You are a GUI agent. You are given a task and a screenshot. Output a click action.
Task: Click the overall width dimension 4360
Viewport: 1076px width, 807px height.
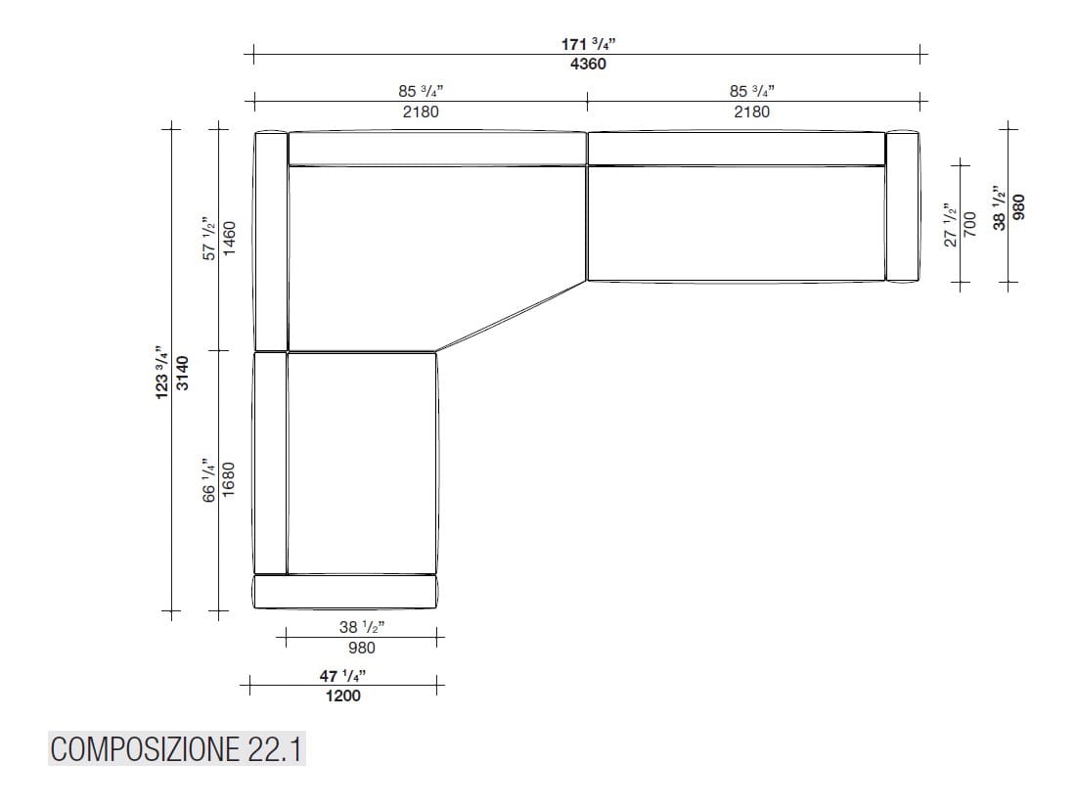pos(588,65)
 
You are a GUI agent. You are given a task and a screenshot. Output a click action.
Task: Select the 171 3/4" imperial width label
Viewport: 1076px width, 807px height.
pos(588,44)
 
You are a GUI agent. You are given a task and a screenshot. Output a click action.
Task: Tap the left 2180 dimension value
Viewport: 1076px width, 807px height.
pos(421,112)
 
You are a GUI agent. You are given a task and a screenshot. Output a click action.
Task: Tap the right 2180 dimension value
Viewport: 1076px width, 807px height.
pos(752,112)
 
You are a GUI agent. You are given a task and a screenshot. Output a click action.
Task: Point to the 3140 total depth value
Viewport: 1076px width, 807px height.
pos(182,372)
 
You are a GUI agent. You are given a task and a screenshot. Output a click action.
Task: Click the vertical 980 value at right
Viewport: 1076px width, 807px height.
pos(1018,209)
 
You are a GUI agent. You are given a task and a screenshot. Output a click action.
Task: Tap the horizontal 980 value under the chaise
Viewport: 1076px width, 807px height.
pos(361,648)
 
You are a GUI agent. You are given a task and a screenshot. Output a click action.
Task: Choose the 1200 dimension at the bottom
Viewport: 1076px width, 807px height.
pos(342,695)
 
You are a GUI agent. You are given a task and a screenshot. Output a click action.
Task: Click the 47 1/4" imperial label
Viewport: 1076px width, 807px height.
pos(342,676)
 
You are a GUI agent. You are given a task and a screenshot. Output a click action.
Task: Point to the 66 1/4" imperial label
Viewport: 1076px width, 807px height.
pos(208,479)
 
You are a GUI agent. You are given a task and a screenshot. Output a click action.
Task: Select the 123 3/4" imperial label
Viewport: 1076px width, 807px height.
pos(162,372)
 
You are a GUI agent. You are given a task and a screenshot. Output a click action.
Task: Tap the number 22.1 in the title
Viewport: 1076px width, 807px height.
pos(268,750)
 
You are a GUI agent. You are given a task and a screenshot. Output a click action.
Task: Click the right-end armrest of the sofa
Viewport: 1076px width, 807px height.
pos(903,205)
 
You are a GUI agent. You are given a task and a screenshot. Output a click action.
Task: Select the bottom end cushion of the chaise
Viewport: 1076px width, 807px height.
pos(344,591)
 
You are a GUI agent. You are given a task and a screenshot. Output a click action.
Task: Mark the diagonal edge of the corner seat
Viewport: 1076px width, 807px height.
pos(511,315)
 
